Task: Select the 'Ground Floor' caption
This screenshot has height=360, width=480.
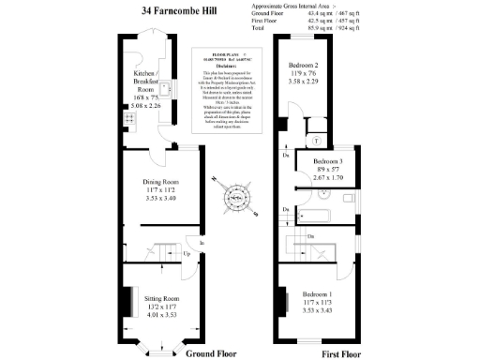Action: pos(211,353)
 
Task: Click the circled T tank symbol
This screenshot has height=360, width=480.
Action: pos(317,141)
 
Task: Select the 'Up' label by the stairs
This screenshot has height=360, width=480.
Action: pos(187,254)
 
